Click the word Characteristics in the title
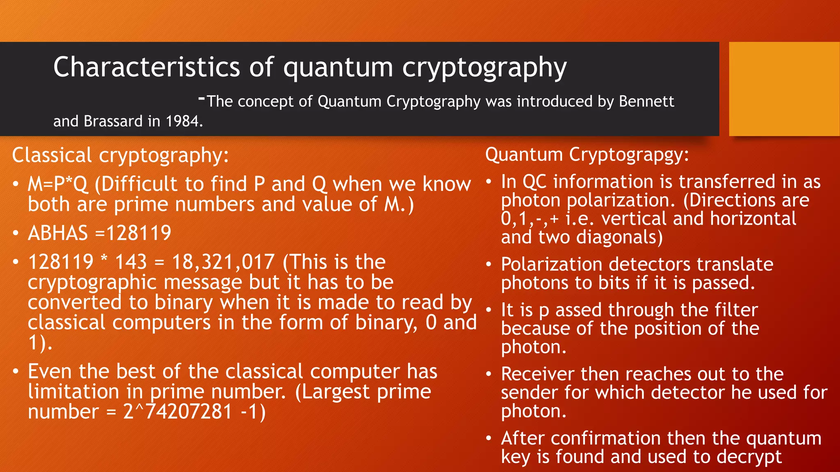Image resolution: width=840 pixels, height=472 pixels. click(x=146, y=67)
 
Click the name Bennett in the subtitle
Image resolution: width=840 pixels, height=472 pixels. click(x=646, y=101)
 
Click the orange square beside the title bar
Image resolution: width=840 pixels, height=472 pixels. click(x=784, y=88)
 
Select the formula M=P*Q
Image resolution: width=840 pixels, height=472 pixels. click(x=58, y=184)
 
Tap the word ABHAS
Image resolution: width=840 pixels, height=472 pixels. click(x=58, y=233)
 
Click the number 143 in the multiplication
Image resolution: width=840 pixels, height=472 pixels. click(x=131, y=262)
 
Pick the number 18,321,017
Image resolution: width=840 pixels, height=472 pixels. click(x=223, y=262)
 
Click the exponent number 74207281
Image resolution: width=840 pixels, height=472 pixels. click(x=189, y=412)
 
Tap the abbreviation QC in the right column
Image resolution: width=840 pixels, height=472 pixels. click(x=535, y=182)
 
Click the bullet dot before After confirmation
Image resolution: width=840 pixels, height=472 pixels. click(x=488, y=438)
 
